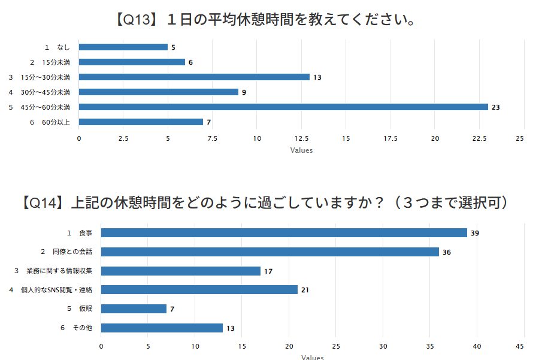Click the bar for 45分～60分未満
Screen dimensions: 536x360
283,107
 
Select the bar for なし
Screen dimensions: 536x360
123,47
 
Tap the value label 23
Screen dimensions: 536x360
496,107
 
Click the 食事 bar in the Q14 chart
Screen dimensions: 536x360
284,233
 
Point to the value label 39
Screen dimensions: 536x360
475,233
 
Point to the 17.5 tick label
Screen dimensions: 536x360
390,138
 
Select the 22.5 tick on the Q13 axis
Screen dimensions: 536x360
479,138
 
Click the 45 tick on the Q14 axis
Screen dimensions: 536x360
520,346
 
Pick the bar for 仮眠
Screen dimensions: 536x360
134,308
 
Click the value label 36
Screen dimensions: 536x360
447,252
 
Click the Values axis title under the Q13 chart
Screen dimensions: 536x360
301,150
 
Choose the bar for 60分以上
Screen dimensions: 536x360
141,122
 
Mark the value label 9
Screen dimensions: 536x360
244,92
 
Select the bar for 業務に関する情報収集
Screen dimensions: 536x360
181,271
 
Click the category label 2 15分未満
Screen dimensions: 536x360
50,62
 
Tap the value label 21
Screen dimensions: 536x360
305,290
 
